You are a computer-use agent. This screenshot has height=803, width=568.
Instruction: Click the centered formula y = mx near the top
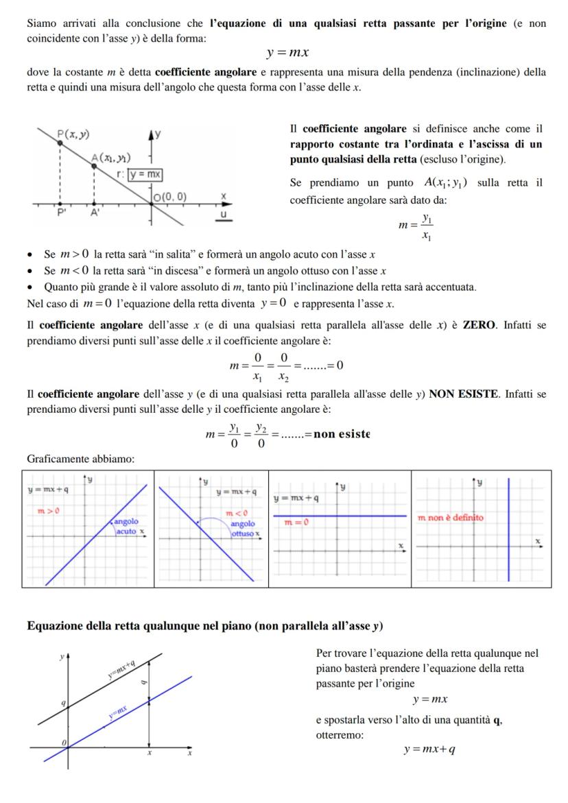(x=286, y=53)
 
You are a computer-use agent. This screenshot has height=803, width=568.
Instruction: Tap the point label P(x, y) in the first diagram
(x=73, y=134)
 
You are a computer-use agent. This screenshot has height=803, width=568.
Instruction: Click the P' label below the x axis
(x=62, y=212)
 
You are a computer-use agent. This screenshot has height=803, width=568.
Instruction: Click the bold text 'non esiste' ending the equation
(x=342, y=434)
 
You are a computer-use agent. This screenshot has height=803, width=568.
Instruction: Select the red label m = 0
(x=296, y=523)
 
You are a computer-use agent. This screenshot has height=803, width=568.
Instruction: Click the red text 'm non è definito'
(x=450, y=518)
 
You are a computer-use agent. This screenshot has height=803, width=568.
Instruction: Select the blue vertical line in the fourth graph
(x=508, y=528)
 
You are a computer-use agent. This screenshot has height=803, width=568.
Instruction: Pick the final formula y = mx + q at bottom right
(x=429, y=750)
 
